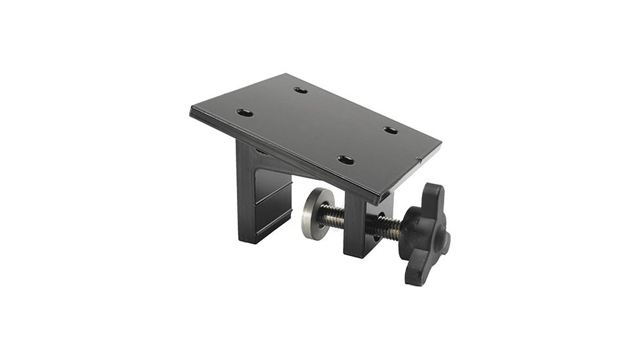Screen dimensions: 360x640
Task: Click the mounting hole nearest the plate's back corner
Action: [x=300, y=90]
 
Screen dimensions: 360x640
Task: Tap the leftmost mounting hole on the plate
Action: [x=244, y=113]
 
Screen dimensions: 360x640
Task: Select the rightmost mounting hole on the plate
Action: [x=391, y=130]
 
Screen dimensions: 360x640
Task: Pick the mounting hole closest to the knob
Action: [x=346, y=160]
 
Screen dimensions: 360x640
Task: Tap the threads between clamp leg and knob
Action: [x=388, y=227]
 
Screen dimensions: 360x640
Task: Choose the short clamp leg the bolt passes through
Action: [x=357, y=226]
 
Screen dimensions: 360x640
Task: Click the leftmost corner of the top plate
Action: [x=191, y=110]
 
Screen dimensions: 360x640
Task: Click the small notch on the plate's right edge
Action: [x=419, y=160]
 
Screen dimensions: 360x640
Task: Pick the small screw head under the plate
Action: [x=260, y=151]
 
